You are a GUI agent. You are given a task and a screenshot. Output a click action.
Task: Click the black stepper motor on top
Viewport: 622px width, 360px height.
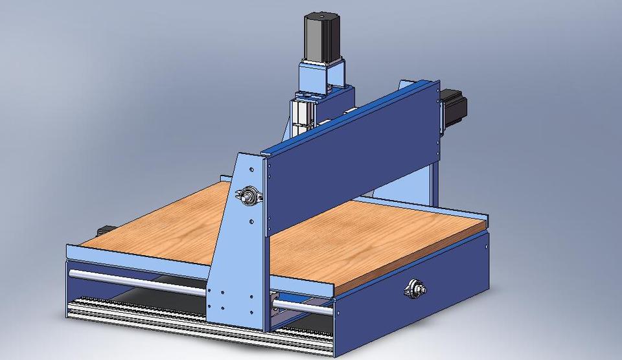[x=323, y=36]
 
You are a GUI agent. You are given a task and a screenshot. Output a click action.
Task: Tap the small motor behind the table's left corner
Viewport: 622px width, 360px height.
[x=106, y=231]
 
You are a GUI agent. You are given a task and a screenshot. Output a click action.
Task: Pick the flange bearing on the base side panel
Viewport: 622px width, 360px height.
[x=413, y=289]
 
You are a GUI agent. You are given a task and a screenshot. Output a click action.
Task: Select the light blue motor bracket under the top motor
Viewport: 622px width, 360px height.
[x=321, y=76]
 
